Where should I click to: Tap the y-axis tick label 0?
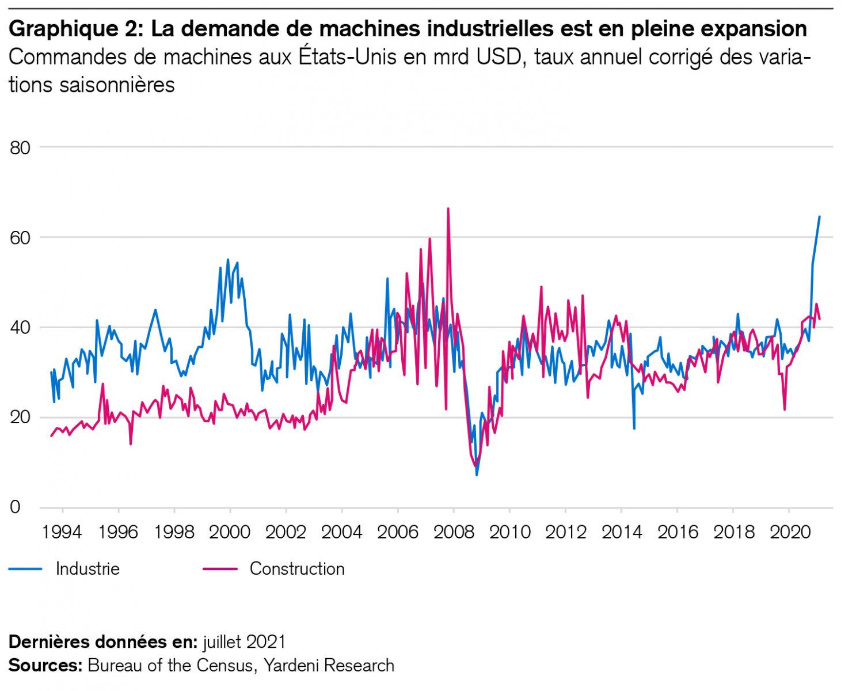tap(15, 507)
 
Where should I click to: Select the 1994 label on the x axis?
tap(62, 531)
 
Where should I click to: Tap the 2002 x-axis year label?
tap(286, 531)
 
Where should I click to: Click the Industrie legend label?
tap(87, 569)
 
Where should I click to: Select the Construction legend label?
tap(297, 569)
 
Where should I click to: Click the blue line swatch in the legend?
tap(25, 569)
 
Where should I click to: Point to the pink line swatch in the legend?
tap(220, 569)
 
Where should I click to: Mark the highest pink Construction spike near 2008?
tap(448, 209)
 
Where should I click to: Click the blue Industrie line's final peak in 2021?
tap(819, 217)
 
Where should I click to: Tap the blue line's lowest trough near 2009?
tap(477, 474)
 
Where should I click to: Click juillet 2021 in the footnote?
tap(244, 642)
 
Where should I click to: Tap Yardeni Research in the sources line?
tap(329, 666)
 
